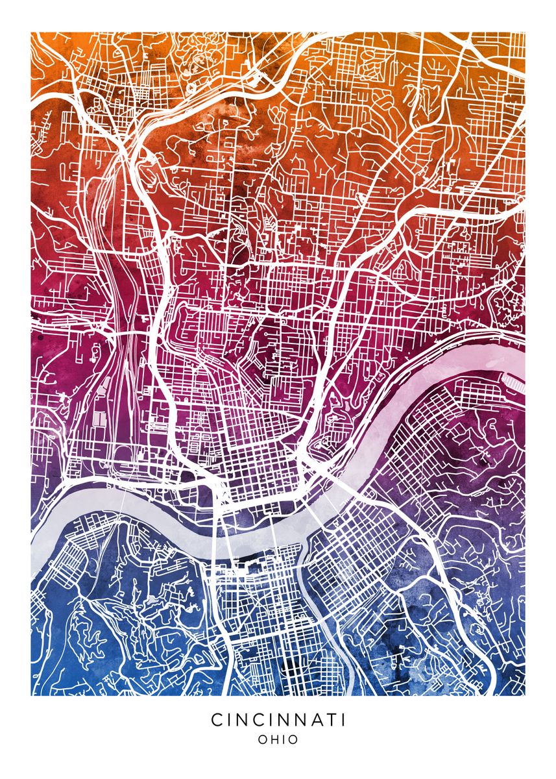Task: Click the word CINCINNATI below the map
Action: [x=278, y=720]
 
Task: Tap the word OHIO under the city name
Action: [x=278, y=739]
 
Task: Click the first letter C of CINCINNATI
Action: [x=216, y=720]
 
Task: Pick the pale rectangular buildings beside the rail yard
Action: [x=101, y=415]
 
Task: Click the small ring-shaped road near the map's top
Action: [x=191, y=85]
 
